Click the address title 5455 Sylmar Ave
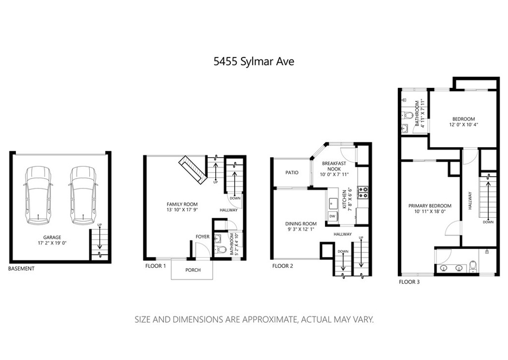click(x=254, y=61)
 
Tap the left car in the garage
click(x=38, y=195)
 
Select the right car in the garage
click(x=83, y=195)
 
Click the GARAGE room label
click(x=52, y=238)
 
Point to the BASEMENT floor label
click(x=21, y=269)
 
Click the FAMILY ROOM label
click(x=182, y=204)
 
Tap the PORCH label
click(x=193, y=270)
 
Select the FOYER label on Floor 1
click(x=202, y=237)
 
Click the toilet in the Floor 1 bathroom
click(x=221, y=249)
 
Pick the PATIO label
click(x=292, y=173)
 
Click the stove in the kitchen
click(x=363, y=192)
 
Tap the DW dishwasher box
click(x=332, y=216)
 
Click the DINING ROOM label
click(x=301, y=224)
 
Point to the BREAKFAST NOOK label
click(x=334, y=167)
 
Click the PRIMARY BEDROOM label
click(x=430, y=206)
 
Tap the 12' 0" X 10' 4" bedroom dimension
click(x=464, y=124)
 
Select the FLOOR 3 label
click(x=409, y=282)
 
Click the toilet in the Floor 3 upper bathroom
click(x=407, y=115)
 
